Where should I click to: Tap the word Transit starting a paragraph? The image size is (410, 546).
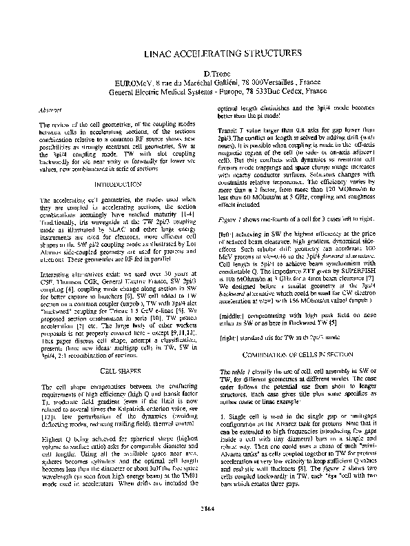coord(228,130)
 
